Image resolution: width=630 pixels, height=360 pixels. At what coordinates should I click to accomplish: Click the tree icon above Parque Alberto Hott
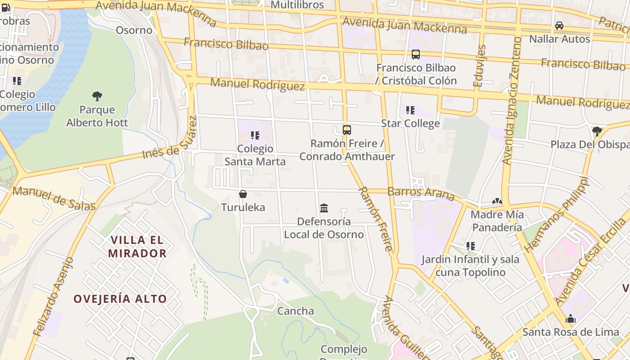click(97, 96)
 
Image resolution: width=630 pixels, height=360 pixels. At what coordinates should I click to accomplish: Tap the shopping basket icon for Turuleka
click(243, 194)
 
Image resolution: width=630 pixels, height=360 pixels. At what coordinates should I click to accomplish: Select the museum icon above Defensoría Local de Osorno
click(324, 208)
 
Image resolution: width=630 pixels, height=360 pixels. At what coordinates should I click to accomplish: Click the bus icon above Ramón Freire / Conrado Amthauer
click(346, 130)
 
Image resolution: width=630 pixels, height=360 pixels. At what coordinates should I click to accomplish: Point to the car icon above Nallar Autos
click(559, 26)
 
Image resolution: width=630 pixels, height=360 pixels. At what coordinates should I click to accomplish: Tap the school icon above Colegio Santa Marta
click(255, 135)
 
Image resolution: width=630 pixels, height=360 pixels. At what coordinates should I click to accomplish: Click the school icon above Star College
click(410, 110)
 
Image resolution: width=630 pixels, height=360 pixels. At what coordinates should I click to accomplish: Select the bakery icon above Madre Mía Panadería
click(497, 201)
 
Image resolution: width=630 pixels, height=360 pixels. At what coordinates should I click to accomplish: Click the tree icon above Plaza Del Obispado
click(597, 131)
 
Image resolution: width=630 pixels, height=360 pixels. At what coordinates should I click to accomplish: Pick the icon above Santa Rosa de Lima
click(571, 319)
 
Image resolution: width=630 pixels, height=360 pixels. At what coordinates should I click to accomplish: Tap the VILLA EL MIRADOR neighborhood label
click(137, 246)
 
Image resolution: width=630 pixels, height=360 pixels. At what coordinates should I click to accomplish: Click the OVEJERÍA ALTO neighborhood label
click(120, 299)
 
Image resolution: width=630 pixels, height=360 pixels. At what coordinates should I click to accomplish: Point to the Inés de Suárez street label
click(170, 139)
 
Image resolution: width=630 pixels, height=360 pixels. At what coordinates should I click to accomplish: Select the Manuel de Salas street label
click(54, 198)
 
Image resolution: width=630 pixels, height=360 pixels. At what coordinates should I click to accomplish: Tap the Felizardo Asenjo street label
click(53, 297)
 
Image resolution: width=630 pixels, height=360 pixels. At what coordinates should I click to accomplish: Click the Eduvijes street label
click(480, 66)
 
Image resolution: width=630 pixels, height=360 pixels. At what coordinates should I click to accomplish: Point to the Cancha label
click(295, 310)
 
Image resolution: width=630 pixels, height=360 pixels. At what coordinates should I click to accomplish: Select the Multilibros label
click(297, 5)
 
